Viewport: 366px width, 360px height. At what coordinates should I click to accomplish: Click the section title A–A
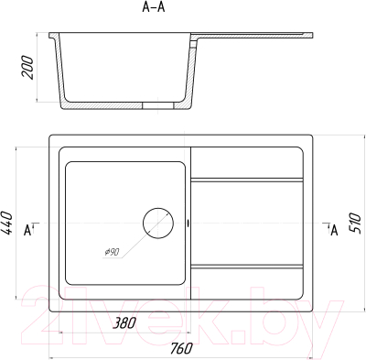[x=154, y=7]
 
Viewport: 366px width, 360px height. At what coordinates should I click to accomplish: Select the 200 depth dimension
[x=27, y=68]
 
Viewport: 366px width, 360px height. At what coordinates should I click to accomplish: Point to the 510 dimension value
[x=355, y=224]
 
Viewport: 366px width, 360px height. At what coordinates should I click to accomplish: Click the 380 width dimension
[x=124, y=323]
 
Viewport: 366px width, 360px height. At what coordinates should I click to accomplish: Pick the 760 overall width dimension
[x=181, y=348]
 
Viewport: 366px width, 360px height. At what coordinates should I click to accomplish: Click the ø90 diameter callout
[x=112, y=252]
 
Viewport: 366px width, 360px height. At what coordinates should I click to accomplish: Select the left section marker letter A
[x=27, y=230]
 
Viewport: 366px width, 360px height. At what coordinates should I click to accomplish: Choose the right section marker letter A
[x=335, y=230]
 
